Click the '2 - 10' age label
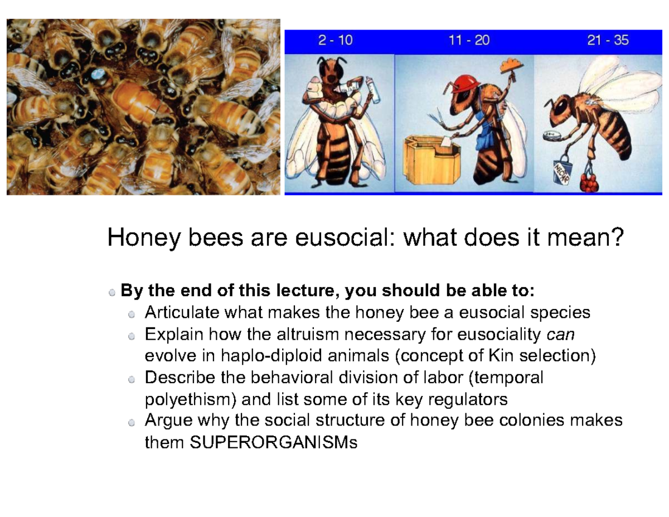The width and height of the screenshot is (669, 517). click(336, 41)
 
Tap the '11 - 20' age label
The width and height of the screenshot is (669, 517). click(468, 41)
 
